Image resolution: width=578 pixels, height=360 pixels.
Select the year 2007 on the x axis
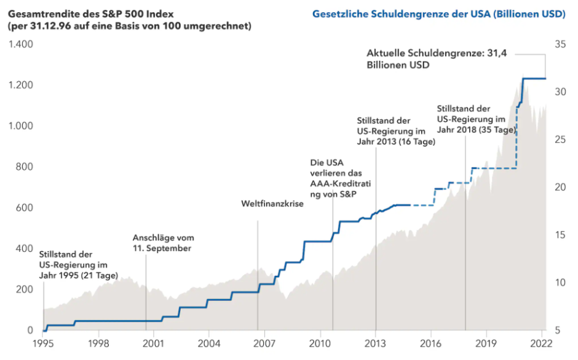[264, 343]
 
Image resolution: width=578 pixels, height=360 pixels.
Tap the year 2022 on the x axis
[542, 343]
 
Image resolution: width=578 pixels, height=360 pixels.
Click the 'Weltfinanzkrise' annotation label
[272, 203]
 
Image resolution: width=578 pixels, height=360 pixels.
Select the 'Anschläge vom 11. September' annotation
[163, 243]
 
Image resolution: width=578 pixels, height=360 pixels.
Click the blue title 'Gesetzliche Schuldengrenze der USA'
[438, 14]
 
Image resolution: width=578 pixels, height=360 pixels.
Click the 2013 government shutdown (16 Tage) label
[395, 131]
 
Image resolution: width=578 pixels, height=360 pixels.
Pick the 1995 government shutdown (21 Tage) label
[78, 265]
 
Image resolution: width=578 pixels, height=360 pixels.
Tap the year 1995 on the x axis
[43, 343]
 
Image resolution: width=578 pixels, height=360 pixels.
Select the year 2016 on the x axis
[430, 343]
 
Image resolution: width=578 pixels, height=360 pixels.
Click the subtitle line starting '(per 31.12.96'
[129, 26]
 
